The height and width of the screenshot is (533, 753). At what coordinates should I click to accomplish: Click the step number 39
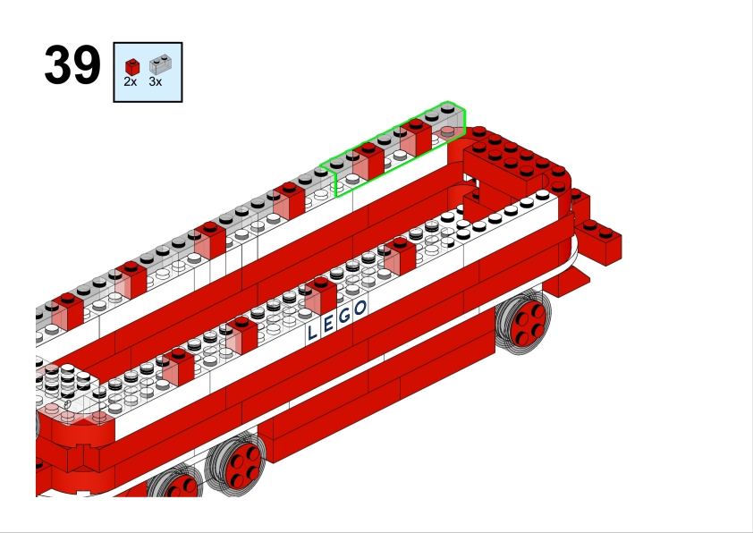click(x=72, y=64)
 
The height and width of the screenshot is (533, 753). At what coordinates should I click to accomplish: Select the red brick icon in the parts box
click(x=132, y=67)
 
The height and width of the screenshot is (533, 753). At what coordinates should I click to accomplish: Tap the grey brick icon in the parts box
click(x=160, y=64)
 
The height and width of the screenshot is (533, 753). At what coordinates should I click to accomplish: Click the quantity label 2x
click(x=131, y=82)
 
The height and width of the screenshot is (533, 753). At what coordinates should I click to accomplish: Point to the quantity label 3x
click(x=155, y=82)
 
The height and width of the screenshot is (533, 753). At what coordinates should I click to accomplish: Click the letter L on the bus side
click(x=312, y=332)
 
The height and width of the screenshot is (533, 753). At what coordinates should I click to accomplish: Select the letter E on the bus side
click(x=328, y=324)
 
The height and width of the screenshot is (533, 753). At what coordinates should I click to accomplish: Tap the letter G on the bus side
click(x=344, y=316)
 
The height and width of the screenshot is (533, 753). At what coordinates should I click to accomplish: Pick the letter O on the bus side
click(x=360, y=308)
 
